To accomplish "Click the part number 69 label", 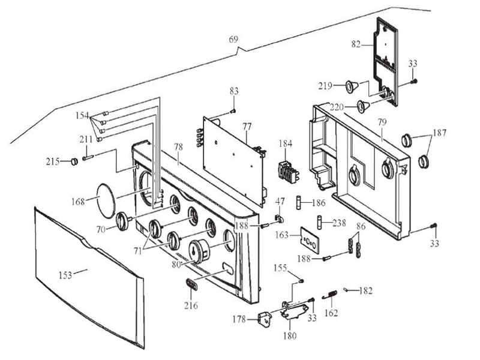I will coord(233,40).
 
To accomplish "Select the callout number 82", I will coord(355,43).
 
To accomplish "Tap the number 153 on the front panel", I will coord(65,275).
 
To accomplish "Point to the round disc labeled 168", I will coord(101,199).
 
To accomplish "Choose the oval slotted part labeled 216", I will coord(190,283).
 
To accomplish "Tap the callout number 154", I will coord(82,115).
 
